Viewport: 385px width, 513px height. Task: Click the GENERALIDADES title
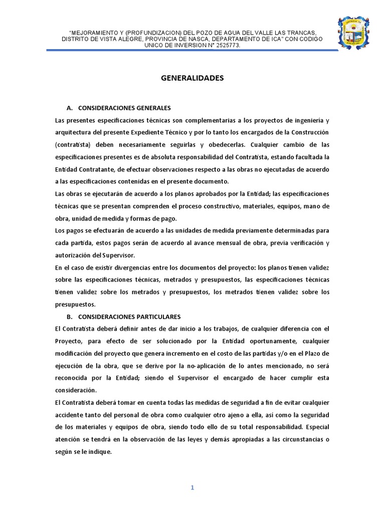click(192, 78)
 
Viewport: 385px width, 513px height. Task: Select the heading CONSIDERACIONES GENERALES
click(125, 108)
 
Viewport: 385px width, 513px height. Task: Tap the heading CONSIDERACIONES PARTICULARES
click(129, 317)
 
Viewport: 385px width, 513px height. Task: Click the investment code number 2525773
click(226, 45)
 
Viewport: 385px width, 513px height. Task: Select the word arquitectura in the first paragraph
click(74, 133)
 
